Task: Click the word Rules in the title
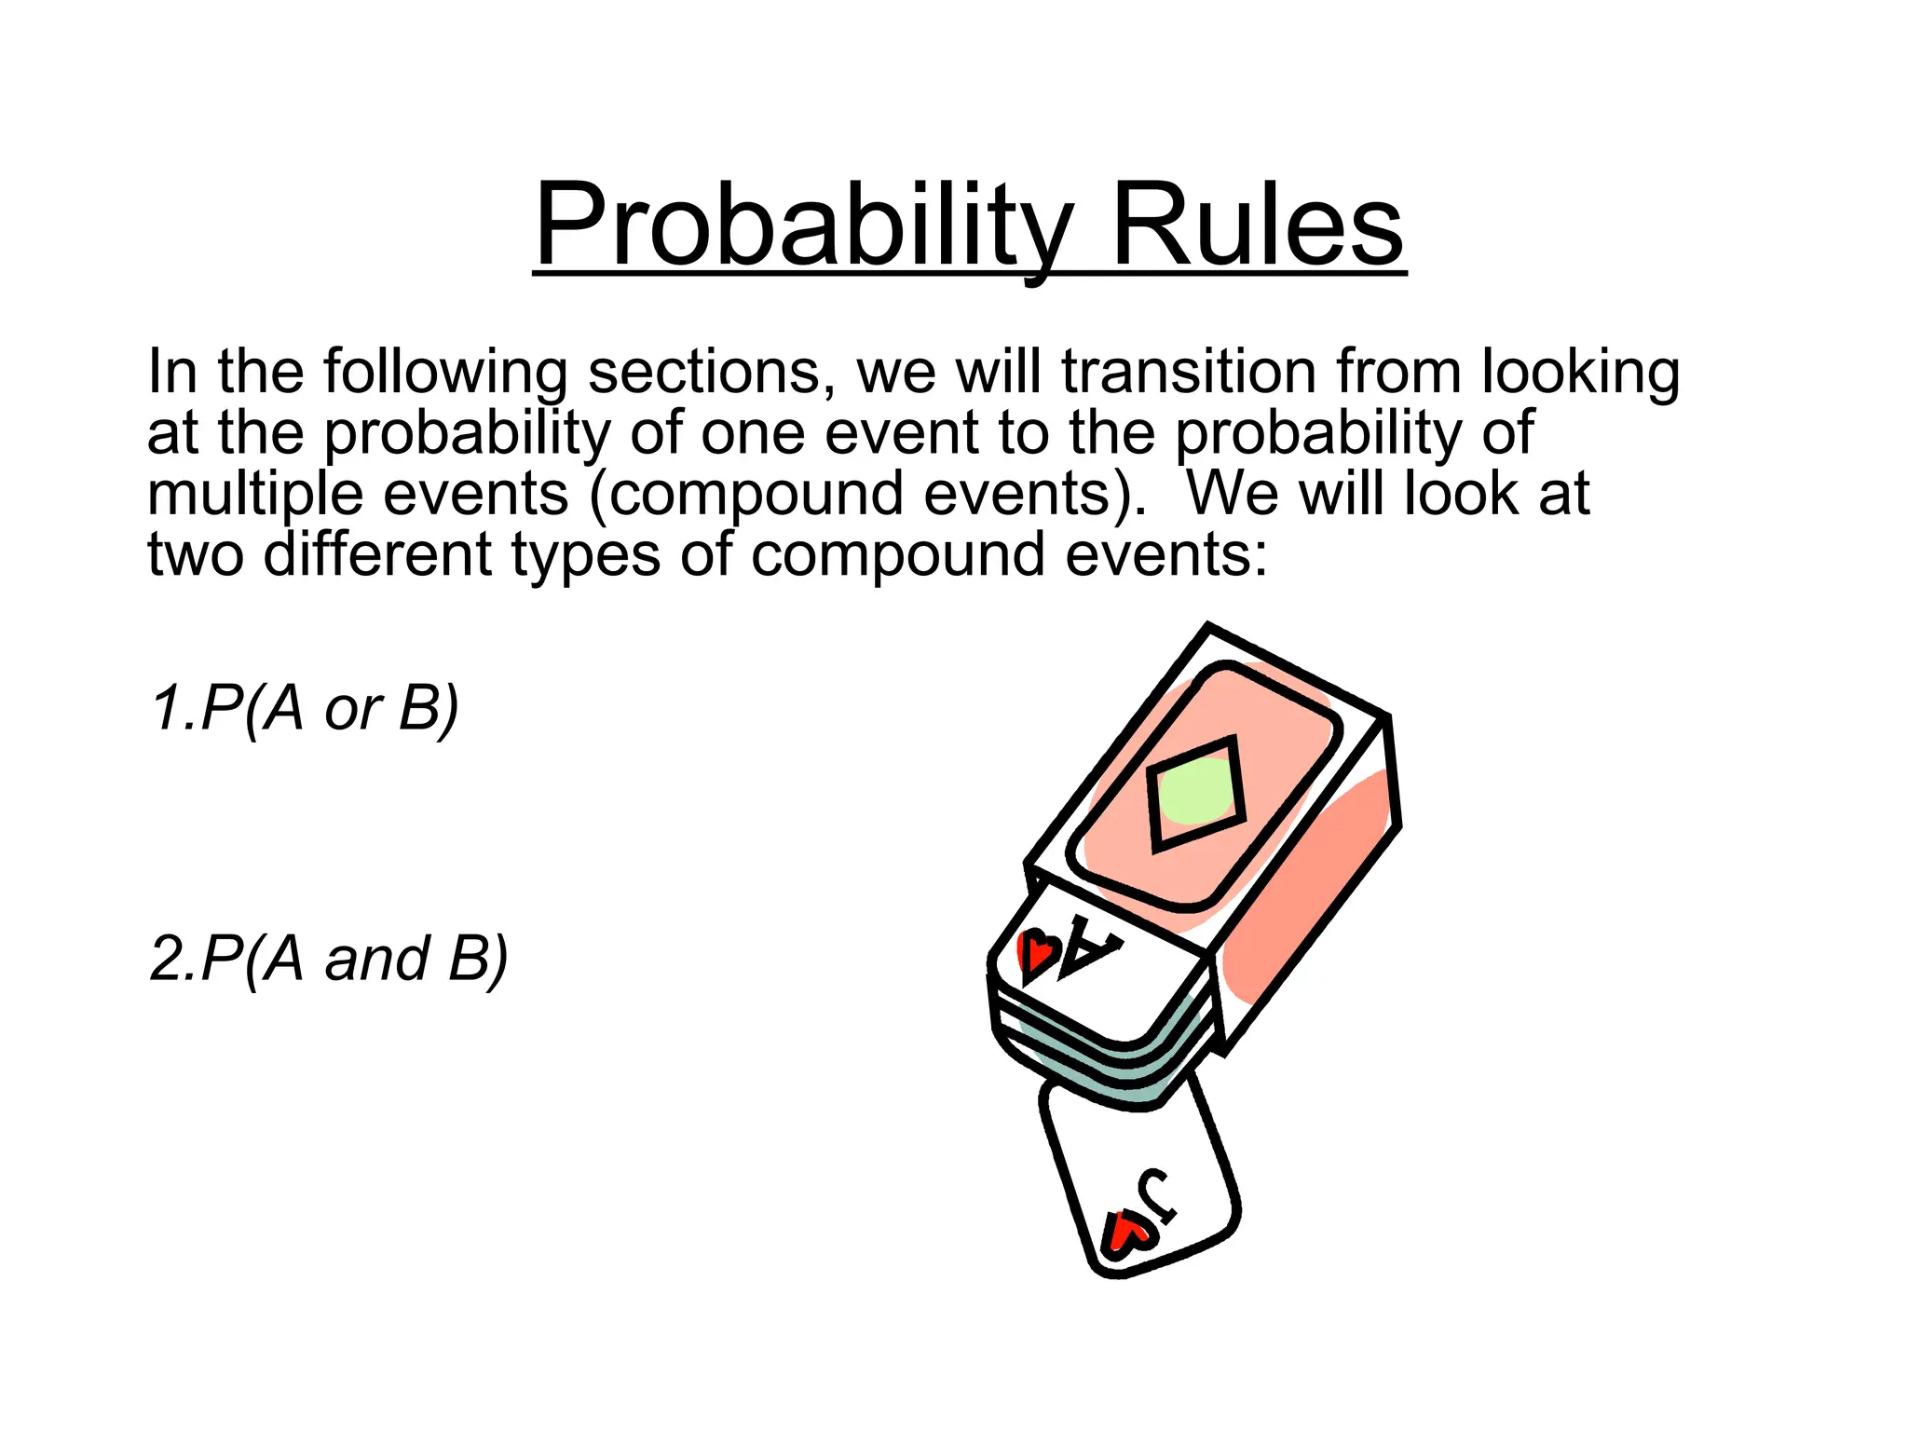1257,226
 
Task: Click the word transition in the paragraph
1189,371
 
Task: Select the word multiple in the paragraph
254,494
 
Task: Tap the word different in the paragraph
377,554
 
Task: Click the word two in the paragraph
195,554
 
